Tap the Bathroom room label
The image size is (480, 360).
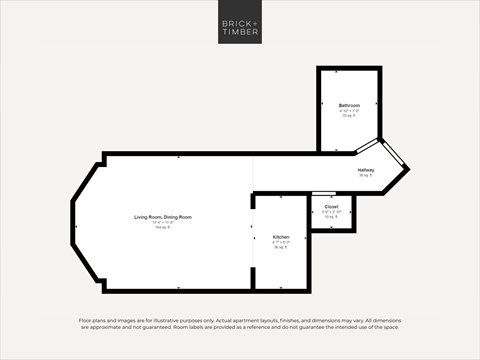click(x=349, y=105)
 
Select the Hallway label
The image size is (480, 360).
click(x=367, y=170)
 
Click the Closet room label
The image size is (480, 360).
click(x=331, y=207)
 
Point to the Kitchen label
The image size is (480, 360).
click(x=281, y=237)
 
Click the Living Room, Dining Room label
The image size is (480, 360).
click(x=163, y=217)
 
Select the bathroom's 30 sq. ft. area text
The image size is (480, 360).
click(x=349, y=116)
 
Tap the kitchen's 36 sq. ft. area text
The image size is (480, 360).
click(x=281, y=247)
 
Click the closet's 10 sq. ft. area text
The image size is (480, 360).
click(x=331, y=217)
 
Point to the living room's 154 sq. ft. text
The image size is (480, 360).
click(x=162, y=228)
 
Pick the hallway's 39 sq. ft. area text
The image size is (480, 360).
click(x=366, y=176)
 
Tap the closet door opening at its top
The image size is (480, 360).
click(x=323, y=194)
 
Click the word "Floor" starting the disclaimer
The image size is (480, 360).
click(x=85, y=320)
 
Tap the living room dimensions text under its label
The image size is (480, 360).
click(x=162, y=223)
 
